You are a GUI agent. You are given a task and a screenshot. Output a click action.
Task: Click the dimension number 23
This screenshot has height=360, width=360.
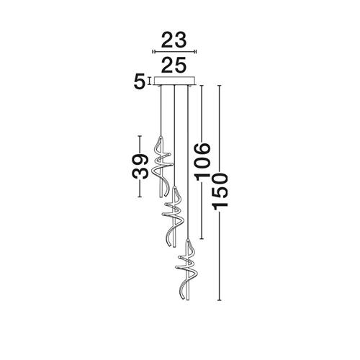174,40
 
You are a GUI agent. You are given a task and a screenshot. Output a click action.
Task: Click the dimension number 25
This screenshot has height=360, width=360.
174,65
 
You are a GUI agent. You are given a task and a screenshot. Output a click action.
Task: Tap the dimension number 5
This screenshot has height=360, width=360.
140,82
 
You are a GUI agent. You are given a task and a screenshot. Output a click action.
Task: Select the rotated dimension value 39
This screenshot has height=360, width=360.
140,166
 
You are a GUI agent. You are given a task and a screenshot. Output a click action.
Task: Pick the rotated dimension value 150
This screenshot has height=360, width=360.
220,192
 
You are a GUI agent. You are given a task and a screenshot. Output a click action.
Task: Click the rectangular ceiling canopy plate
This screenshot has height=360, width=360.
174,81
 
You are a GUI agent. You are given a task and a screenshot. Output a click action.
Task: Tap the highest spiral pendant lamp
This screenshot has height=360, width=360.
162,167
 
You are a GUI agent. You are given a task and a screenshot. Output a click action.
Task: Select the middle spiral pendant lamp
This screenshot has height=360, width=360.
174,216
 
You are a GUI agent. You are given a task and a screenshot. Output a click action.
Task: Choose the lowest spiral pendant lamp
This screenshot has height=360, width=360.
188,269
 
